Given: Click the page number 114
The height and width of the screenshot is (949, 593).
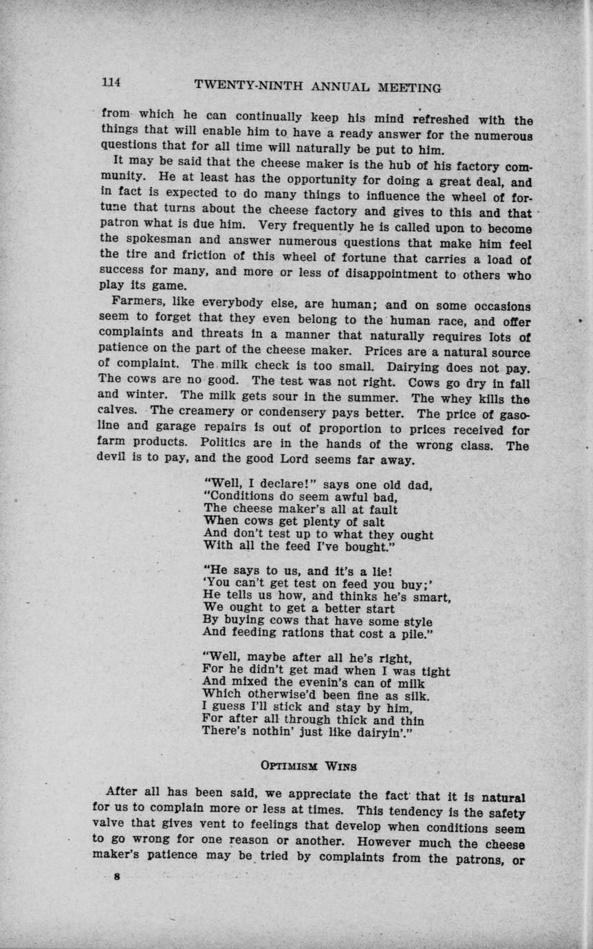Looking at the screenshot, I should coord(111,83).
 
